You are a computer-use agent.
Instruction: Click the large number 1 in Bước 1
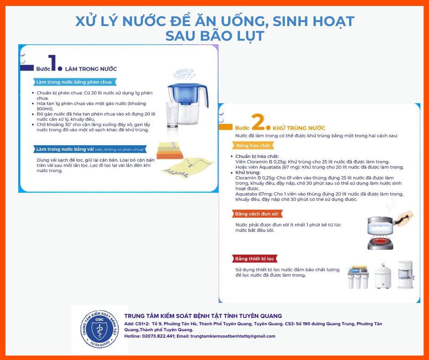52,63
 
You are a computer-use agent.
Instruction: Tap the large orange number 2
258,122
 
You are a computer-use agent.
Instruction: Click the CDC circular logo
99,329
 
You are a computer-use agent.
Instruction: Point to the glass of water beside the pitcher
173,115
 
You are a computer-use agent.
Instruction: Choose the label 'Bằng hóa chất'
253,145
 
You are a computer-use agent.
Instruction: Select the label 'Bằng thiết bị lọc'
255,259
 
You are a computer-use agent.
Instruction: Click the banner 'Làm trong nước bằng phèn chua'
74,82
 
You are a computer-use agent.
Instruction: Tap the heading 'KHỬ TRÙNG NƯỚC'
299,128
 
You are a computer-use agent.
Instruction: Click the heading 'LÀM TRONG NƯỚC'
91,69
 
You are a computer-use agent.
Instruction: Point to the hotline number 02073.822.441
158,336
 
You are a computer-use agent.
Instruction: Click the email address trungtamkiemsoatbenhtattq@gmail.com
233,336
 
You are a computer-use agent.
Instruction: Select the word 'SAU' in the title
181,36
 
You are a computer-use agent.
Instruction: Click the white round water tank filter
382,275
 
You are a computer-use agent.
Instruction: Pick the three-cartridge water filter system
358,277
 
